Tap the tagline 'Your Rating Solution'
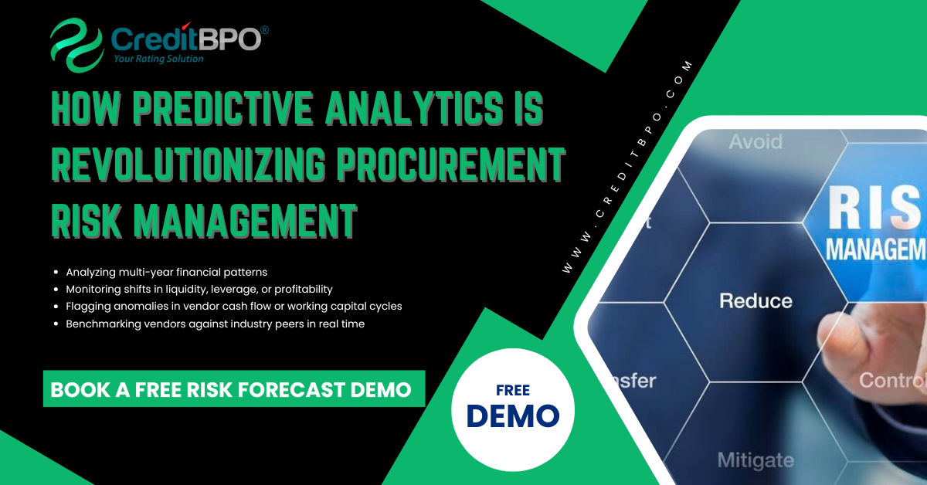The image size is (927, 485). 158,59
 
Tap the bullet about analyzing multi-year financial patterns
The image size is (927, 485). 166,272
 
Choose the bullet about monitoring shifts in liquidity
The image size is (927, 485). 199,289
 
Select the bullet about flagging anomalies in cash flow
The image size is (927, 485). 233,306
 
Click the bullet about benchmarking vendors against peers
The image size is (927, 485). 215,324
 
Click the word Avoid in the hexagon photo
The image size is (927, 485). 755,142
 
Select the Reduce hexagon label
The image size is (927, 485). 756,300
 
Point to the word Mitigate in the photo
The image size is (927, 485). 755,460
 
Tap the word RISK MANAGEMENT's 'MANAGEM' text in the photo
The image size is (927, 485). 875,249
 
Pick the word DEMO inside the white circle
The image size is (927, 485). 513,416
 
